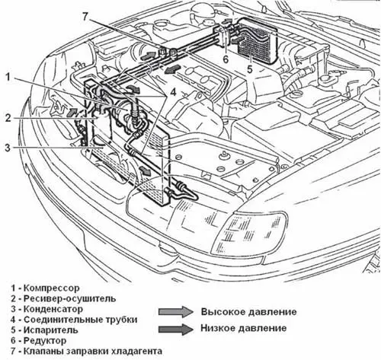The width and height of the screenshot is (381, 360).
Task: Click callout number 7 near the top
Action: click(x=85, y=17)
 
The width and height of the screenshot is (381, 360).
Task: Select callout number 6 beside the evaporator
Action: click(x=226, y=59)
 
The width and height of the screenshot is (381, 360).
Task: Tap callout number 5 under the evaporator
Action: click(x=250, y=69)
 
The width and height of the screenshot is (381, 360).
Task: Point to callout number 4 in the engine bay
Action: click(x=173, y=92)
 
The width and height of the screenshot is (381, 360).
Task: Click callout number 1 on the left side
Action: click(x=8, y=77)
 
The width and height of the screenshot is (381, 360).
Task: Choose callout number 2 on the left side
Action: click(x=8, y=118)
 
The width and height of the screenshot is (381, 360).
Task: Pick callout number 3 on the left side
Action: click(x=8, y=148)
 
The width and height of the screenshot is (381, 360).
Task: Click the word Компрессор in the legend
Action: click(x=52, y=288)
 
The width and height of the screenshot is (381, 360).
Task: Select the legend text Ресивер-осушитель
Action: click(x=69, y=298)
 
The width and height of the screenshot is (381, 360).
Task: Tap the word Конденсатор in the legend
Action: click(x=53, y=309)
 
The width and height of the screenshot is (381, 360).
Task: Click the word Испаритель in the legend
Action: click(x=51, y=330)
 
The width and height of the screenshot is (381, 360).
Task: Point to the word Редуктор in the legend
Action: click(x=45, y=341)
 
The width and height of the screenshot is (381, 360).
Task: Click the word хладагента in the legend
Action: click(x=136, y=351)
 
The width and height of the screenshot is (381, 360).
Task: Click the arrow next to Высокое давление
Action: click(x=176, y=311)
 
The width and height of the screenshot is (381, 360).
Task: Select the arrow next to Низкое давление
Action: click(x=176, y=329)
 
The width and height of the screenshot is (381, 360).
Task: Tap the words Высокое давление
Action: click(x=248, y=311)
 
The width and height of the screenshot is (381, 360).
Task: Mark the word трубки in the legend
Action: click(x=123, y=320)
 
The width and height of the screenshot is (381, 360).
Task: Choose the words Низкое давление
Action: click(x=244, y=328)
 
